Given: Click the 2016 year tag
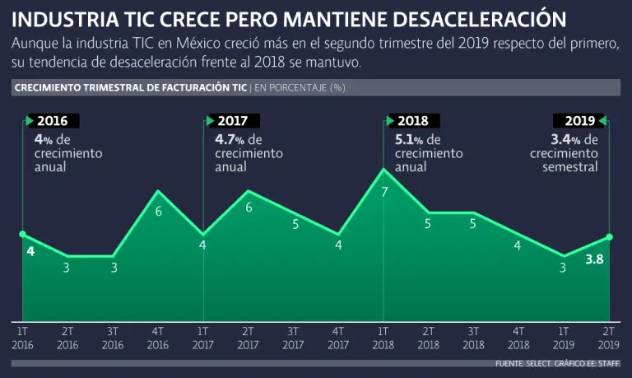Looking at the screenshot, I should [x=52, y=121].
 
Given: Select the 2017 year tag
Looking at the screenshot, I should [x=233, y=121].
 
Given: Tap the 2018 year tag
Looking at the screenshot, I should [x=413, y=121].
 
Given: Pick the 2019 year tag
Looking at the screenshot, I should [x=576, y=121].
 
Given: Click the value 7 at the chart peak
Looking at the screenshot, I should [x=384, y=193].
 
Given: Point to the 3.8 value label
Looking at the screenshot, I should [x=595, y=260].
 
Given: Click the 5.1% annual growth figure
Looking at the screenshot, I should [x=410, y=139].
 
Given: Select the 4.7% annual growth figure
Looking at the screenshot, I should [x=229, y=139].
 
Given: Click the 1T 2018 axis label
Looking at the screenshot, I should [x=383, y=336].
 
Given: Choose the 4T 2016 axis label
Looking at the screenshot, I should [x=158, y=336].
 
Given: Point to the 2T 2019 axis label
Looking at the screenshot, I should [x=609, y=336].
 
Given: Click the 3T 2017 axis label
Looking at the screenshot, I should [x=294, y=336].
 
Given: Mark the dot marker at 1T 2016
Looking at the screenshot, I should [x=22, y=235].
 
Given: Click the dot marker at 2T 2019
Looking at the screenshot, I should [x=610, y=236].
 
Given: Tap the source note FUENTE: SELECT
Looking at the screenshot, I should [x=523, y=363].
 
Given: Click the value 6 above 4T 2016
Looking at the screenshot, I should [x=158, y=212].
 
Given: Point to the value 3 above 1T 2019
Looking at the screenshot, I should [x=563, y=267].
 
